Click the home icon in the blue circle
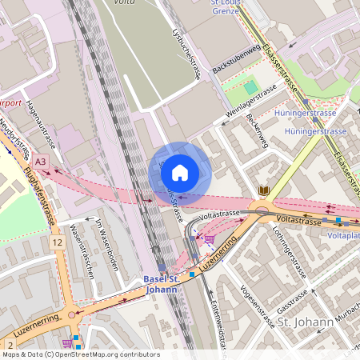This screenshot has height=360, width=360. coord(180,173)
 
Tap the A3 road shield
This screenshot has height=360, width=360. coord(41,162)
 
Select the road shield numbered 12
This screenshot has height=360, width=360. coord(57,242)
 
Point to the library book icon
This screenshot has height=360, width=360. coord(264,190)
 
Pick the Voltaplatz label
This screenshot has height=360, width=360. coord(343,236)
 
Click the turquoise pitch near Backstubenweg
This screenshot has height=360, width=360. coord(252,86)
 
